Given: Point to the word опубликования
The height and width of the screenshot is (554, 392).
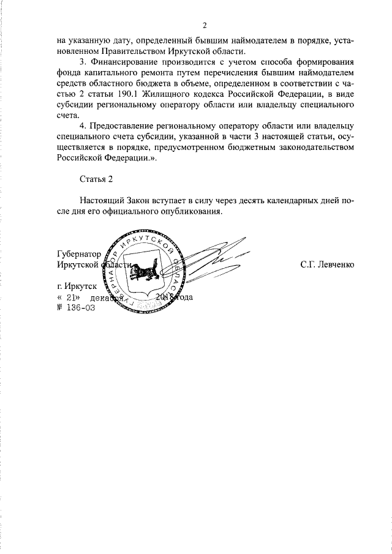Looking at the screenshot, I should coord(189,212).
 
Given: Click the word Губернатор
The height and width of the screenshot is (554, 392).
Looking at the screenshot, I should coord(77,253).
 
